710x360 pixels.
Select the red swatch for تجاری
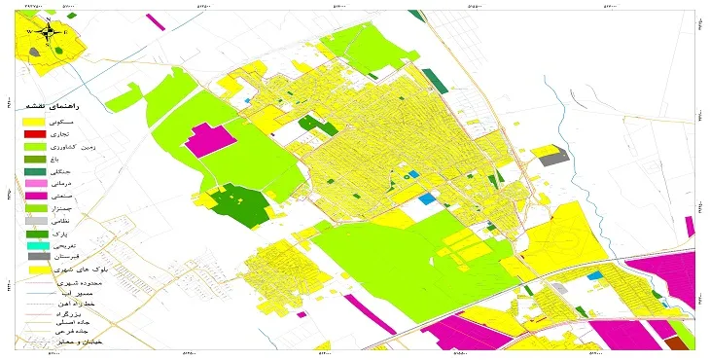pyautogui.click(x=35, y=133)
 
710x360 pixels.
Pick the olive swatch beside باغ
pyautogui.click(x=35, y=159)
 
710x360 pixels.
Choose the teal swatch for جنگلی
pyautogui.click(x=35, y=171)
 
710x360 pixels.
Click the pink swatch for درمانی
pyautogui.click(x=35, y=184)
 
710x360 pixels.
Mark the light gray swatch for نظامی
pyautogui.click(x=35, y=222)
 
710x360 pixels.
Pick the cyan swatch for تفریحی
pyautogui.click(x=35, y=246)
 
